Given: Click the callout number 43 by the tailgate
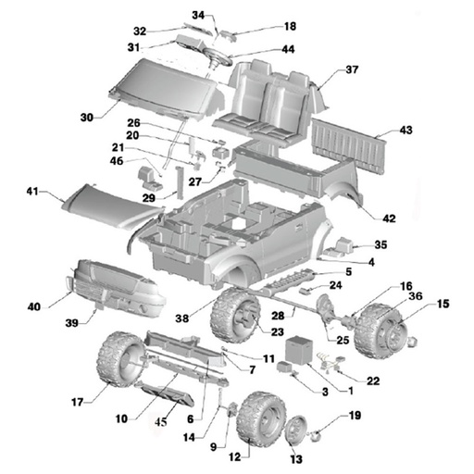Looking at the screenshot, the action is (x=405, y=130).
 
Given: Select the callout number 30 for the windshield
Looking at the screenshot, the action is (x=87, y=118).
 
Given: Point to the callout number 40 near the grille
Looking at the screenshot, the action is (x=34, y=306).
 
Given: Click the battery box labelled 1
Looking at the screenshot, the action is (x=299, y=351).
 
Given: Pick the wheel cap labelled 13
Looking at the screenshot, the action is (x=296, y=430).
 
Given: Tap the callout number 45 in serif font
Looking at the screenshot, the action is (x=161, y=422).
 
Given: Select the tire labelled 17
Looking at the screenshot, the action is (x=120, y=359).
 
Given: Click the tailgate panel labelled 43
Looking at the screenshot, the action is (x=349, y=146).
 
